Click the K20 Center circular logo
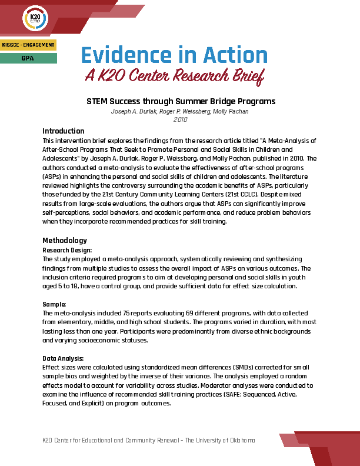point(35,19)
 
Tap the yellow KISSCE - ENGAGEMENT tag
point(28,45)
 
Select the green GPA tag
point(28,58)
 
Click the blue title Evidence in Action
point(174,55)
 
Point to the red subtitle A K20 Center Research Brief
point(174,75)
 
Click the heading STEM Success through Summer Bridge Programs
point(181,101)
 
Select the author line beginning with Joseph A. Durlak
point(180,111)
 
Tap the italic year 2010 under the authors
point(180,119)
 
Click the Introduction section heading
point(64,131)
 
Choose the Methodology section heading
point(65,240)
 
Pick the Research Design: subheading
point(67,250)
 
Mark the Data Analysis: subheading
point(63,358)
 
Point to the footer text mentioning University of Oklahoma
point(149,441)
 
